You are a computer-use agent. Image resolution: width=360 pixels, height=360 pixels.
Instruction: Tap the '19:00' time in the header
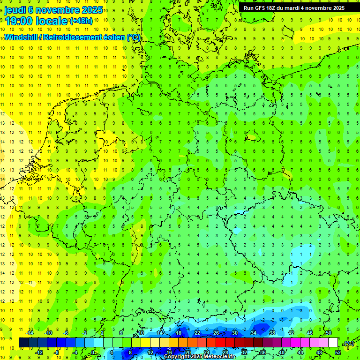click(x=20, y=21)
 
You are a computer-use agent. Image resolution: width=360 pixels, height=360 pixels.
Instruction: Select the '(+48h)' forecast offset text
click(x=81, y=21)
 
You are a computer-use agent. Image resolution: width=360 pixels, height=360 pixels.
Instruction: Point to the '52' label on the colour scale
click(x=338, y=352)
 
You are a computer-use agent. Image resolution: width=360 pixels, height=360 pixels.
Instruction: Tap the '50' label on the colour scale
click(x=328, y=333)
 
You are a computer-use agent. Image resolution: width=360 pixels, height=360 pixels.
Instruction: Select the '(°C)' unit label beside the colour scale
click(x=348, y=343)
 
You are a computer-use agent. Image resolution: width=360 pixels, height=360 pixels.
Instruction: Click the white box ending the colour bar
click(x=333, y=343)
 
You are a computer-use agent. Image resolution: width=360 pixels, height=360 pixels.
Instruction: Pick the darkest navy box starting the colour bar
click(x=23, y=343)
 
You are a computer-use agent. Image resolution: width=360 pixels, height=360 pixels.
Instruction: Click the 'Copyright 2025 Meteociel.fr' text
click(x=200, y=357)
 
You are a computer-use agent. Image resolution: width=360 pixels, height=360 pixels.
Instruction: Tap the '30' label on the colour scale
click(x=234, y=333)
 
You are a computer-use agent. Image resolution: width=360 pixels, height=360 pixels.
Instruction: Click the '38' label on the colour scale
click(x=272, y=333)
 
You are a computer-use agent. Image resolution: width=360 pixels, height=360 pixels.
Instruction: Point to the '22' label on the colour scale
click(x=197, y=333)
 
